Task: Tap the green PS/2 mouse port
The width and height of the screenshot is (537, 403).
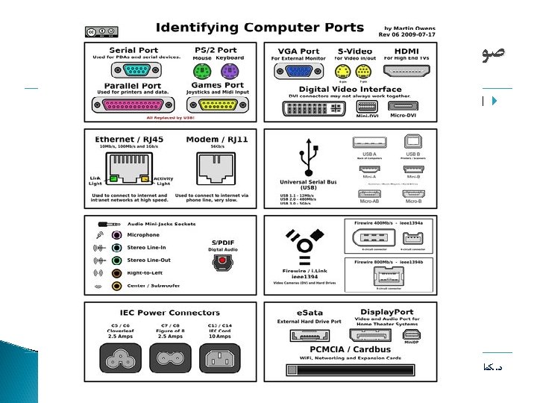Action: (x=202, y=71)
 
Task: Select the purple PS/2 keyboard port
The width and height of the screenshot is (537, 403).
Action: (x=229, y=71)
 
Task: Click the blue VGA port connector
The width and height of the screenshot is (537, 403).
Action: (x=295, y=71)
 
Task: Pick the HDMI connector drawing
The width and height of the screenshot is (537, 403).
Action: (x=401, y=71)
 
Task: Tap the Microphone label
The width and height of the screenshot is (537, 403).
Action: (x=143, y=235)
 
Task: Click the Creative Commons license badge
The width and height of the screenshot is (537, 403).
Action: (x=101, y=32)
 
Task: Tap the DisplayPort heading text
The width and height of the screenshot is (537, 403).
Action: (x=386, y=312)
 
